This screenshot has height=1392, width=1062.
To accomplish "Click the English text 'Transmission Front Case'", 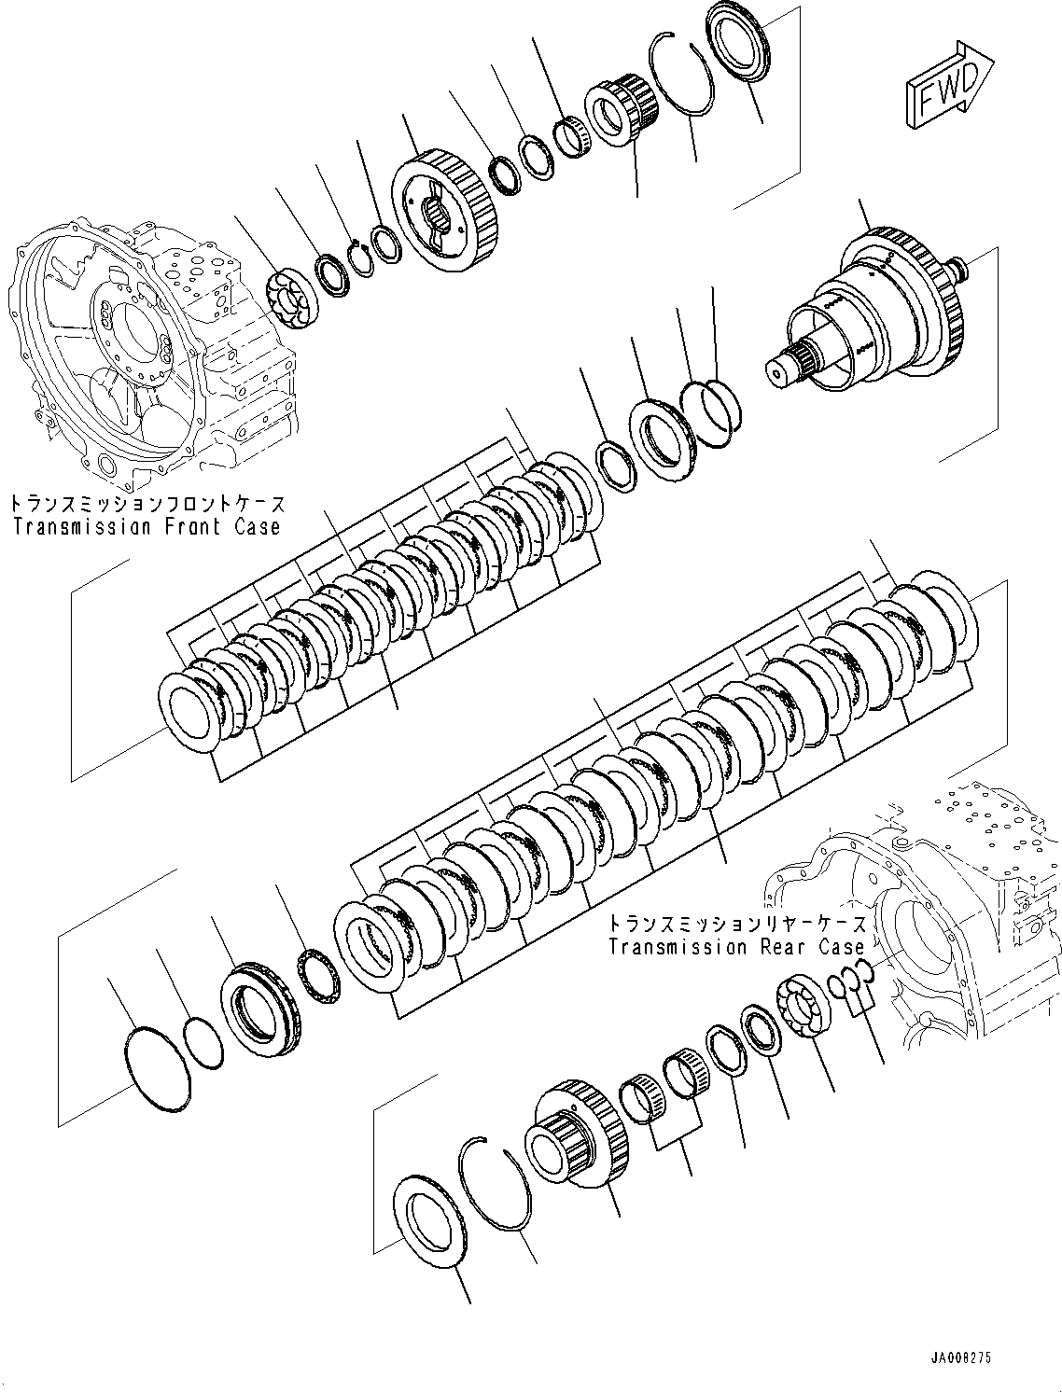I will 147,527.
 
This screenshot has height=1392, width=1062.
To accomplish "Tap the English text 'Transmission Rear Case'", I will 736,948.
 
